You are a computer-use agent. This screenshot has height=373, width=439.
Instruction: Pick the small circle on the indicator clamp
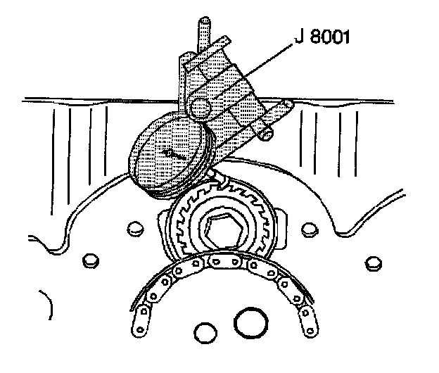[x=201, y=107]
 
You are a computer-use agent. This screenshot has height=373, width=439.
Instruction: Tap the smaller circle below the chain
[x=205, y=331]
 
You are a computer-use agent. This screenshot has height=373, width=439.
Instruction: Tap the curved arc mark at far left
[x=48, y=306]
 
